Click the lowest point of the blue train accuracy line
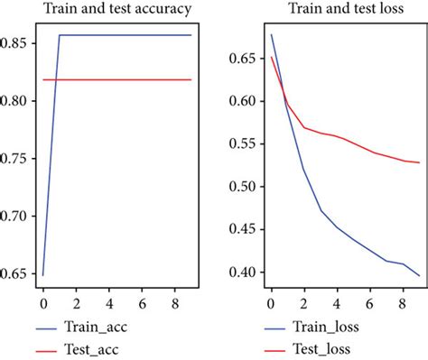42,274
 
